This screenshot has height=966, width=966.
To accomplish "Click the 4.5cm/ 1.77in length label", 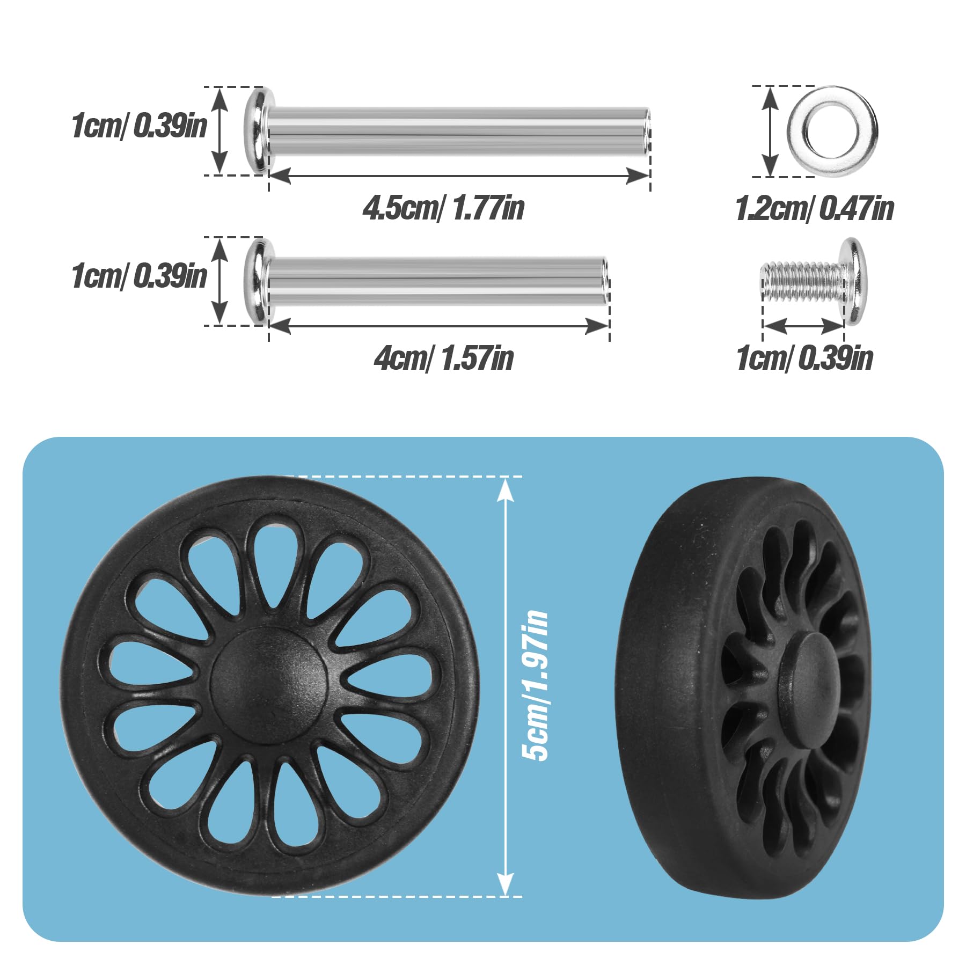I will pyautogui.click(x=443, y=208).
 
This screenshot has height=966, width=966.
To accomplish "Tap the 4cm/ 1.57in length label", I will pyautogui.click(x=443, y=358).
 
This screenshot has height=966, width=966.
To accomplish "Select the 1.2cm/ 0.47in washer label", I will pyautogui.click(x=814, y=209).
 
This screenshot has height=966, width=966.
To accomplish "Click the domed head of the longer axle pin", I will pyautogui.click(x=258, y=131).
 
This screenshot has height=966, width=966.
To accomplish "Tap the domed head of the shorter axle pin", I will pyautogui.click(x=258, y=281).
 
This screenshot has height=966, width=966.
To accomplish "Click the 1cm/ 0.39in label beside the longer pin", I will pyautogui.click(x=139, y=126).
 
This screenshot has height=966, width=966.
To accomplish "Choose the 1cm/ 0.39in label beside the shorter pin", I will pyautogui.click(x=139, y=276).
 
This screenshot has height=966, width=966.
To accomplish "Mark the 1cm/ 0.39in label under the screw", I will pyautogui.click(x=804, y=358).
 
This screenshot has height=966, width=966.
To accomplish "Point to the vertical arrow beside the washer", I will pyautogui.click(x=770, y=131).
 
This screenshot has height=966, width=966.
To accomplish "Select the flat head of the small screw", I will pyautogui.click(x=853, y=281).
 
